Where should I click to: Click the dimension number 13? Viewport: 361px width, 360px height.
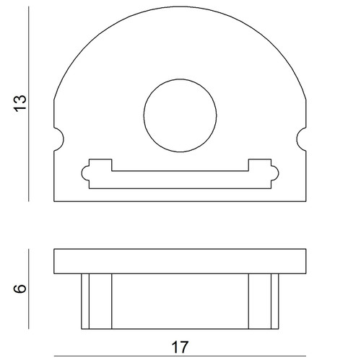21,103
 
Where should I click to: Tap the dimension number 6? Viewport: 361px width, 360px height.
21,289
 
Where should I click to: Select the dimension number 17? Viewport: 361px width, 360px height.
180,347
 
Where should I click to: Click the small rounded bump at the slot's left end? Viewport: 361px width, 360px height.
85,172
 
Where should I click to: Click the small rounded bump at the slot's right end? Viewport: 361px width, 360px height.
275,172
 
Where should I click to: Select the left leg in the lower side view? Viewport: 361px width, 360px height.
97,301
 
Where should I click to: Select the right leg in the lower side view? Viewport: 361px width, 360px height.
264,301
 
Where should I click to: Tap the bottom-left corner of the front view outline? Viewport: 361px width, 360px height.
55,200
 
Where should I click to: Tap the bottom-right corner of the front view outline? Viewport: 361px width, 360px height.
306,200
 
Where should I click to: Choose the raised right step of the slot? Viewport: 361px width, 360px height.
261,164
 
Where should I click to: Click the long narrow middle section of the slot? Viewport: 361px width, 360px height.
180,177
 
